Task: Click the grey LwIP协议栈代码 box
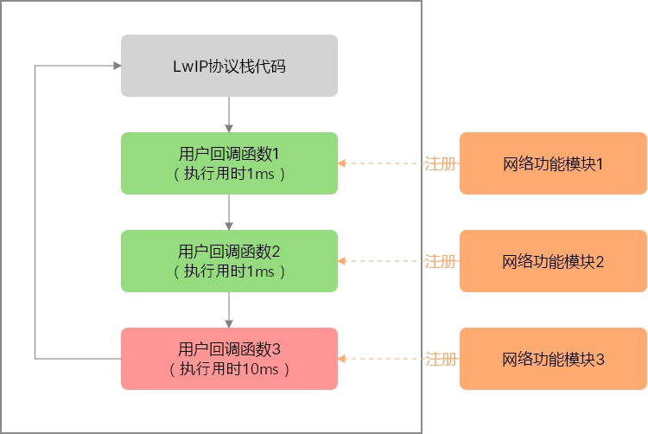point(229,66)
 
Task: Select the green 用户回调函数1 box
point(229,163)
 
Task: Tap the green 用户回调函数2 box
point(229,261)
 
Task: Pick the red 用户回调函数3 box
point(229,359)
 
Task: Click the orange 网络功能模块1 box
point(553,163)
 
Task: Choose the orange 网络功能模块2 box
point(553,261)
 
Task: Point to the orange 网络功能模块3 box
point(553,359)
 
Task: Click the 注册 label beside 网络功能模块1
point(440,163)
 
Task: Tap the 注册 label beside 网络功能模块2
point(440,261)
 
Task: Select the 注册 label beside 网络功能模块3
point(440,359)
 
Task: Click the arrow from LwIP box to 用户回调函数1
point(229,114)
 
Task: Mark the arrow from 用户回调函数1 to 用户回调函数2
point(229,212)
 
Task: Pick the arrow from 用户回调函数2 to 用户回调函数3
point(229,310)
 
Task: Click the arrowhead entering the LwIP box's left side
point(116,66)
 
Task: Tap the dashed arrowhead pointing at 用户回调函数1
point(342,163)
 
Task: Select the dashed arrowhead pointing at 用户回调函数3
point(342,359)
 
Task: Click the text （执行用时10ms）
point(229,369)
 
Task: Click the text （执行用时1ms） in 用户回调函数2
point(229,271)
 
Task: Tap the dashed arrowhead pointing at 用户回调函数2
point(342,261)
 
